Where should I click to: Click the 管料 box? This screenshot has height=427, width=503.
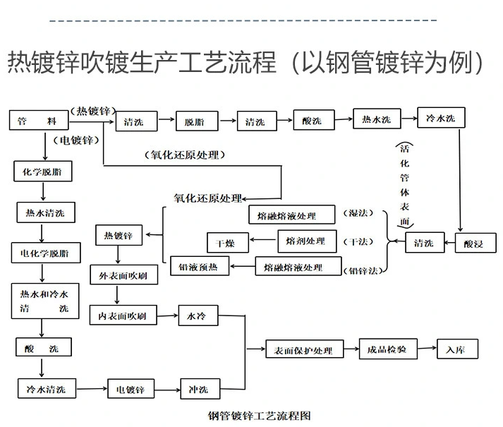(37, 121)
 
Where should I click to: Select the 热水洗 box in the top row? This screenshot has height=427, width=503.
(377, 119)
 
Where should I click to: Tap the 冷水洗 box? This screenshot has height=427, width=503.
(441, 118)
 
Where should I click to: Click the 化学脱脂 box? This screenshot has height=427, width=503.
(43, 171)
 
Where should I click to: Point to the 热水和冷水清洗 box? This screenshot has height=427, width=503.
(44, 301)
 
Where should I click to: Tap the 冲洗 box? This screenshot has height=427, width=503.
(198, 389)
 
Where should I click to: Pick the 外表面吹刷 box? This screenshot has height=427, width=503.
(123, 274)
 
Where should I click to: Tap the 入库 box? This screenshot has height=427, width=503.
(457, 349)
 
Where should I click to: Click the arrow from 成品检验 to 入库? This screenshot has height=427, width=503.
(426, 349)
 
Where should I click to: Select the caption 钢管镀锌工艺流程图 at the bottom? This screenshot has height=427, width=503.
(260, 416)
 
